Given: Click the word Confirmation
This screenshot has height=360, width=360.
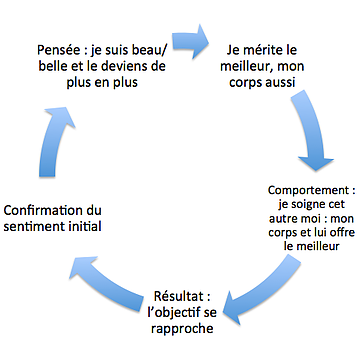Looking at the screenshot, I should click(x=54, y=211).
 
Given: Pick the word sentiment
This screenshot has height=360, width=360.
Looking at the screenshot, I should click(x=37, y=229).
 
